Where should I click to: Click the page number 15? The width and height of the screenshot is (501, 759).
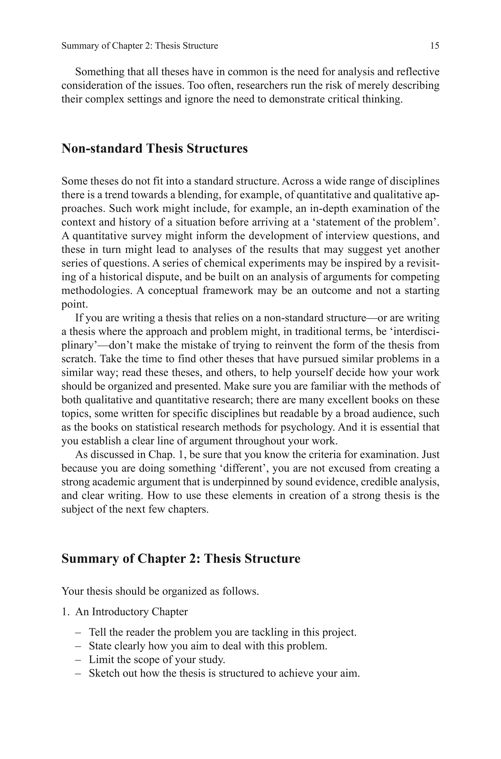(434, 46)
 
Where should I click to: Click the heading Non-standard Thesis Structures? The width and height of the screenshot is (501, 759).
(154, 149)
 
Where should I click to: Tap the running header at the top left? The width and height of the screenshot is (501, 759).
(140, 46)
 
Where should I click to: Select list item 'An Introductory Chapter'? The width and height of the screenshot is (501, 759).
(131, 612)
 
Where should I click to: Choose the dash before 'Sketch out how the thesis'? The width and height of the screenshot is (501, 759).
(78, 673)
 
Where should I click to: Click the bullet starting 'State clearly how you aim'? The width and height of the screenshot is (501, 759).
(208, 646)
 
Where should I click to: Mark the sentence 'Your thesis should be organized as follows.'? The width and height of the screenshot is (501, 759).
(160, 591)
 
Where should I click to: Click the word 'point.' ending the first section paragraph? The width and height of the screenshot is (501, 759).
(74, 304)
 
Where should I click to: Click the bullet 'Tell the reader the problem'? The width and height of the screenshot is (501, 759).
(222, 632)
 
